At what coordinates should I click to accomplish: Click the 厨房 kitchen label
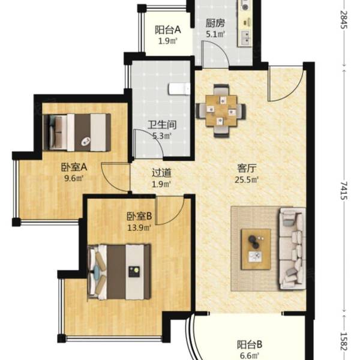(x=215, y=23)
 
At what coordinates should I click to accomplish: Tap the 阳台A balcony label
(x=168, y=29)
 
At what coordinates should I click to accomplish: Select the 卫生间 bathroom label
(x=162, y=125)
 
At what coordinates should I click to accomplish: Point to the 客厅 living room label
(x=247, y=168)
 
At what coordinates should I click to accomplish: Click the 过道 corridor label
(x=161, y=173)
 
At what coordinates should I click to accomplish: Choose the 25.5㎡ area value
(x=247, y=180)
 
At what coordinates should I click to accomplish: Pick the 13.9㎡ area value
(x=139, y=228)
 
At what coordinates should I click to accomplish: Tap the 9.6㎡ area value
(x=73, y=178)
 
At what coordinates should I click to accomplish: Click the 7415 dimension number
(x=344, y=191)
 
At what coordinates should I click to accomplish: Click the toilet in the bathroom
(x=179, y=89)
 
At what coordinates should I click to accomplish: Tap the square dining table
(x=221, y=111)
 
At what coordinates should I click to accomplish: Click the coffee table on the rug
(x=256, y=249)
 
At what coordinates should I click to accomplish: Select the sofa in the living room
(x=292, y=248)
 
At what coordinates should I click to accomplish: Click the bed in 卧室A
(x=77, y=133)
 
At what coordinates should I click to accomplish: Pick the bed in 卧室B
(x=119, y=272)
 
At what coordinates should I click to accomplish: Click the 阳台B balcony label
(x=250, y=344)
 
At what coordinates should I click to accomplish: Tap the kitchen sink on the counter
(x=245, y=38)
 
